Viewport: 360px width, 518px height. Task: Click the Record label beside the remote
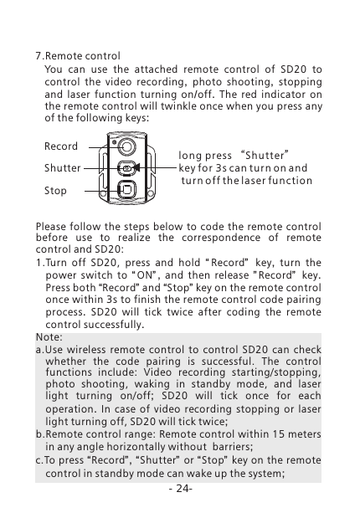tap(61, 146)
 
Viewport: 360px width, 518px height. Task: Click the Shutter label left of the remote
tap(63, 167)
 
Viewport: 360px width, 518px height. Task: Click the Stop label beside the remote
tap(55, 191)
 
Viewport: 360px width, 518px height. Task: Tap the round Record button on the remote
tap(126, 146)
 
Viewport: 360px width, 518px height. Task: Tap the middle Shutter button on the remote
tap(126, 167)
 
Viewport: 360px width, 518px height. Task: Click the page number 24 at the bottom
tap(179, 488)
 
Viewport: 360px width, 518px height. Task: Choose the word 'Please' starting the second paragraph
tap(53, 226)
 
